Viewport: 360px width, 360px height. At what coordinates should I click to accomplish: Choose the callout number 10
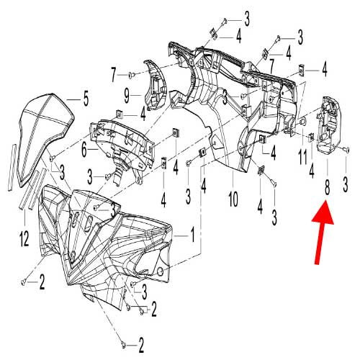pos(232,197)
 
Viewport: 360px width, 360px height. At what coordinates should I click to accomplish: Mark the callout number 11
pos(302,155)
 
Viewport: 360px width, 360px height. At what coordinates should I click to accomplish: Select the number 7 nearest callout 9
pos(114,73)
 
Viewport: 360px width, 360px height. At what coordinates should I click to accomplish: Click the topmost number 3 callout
pos(247,16)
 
